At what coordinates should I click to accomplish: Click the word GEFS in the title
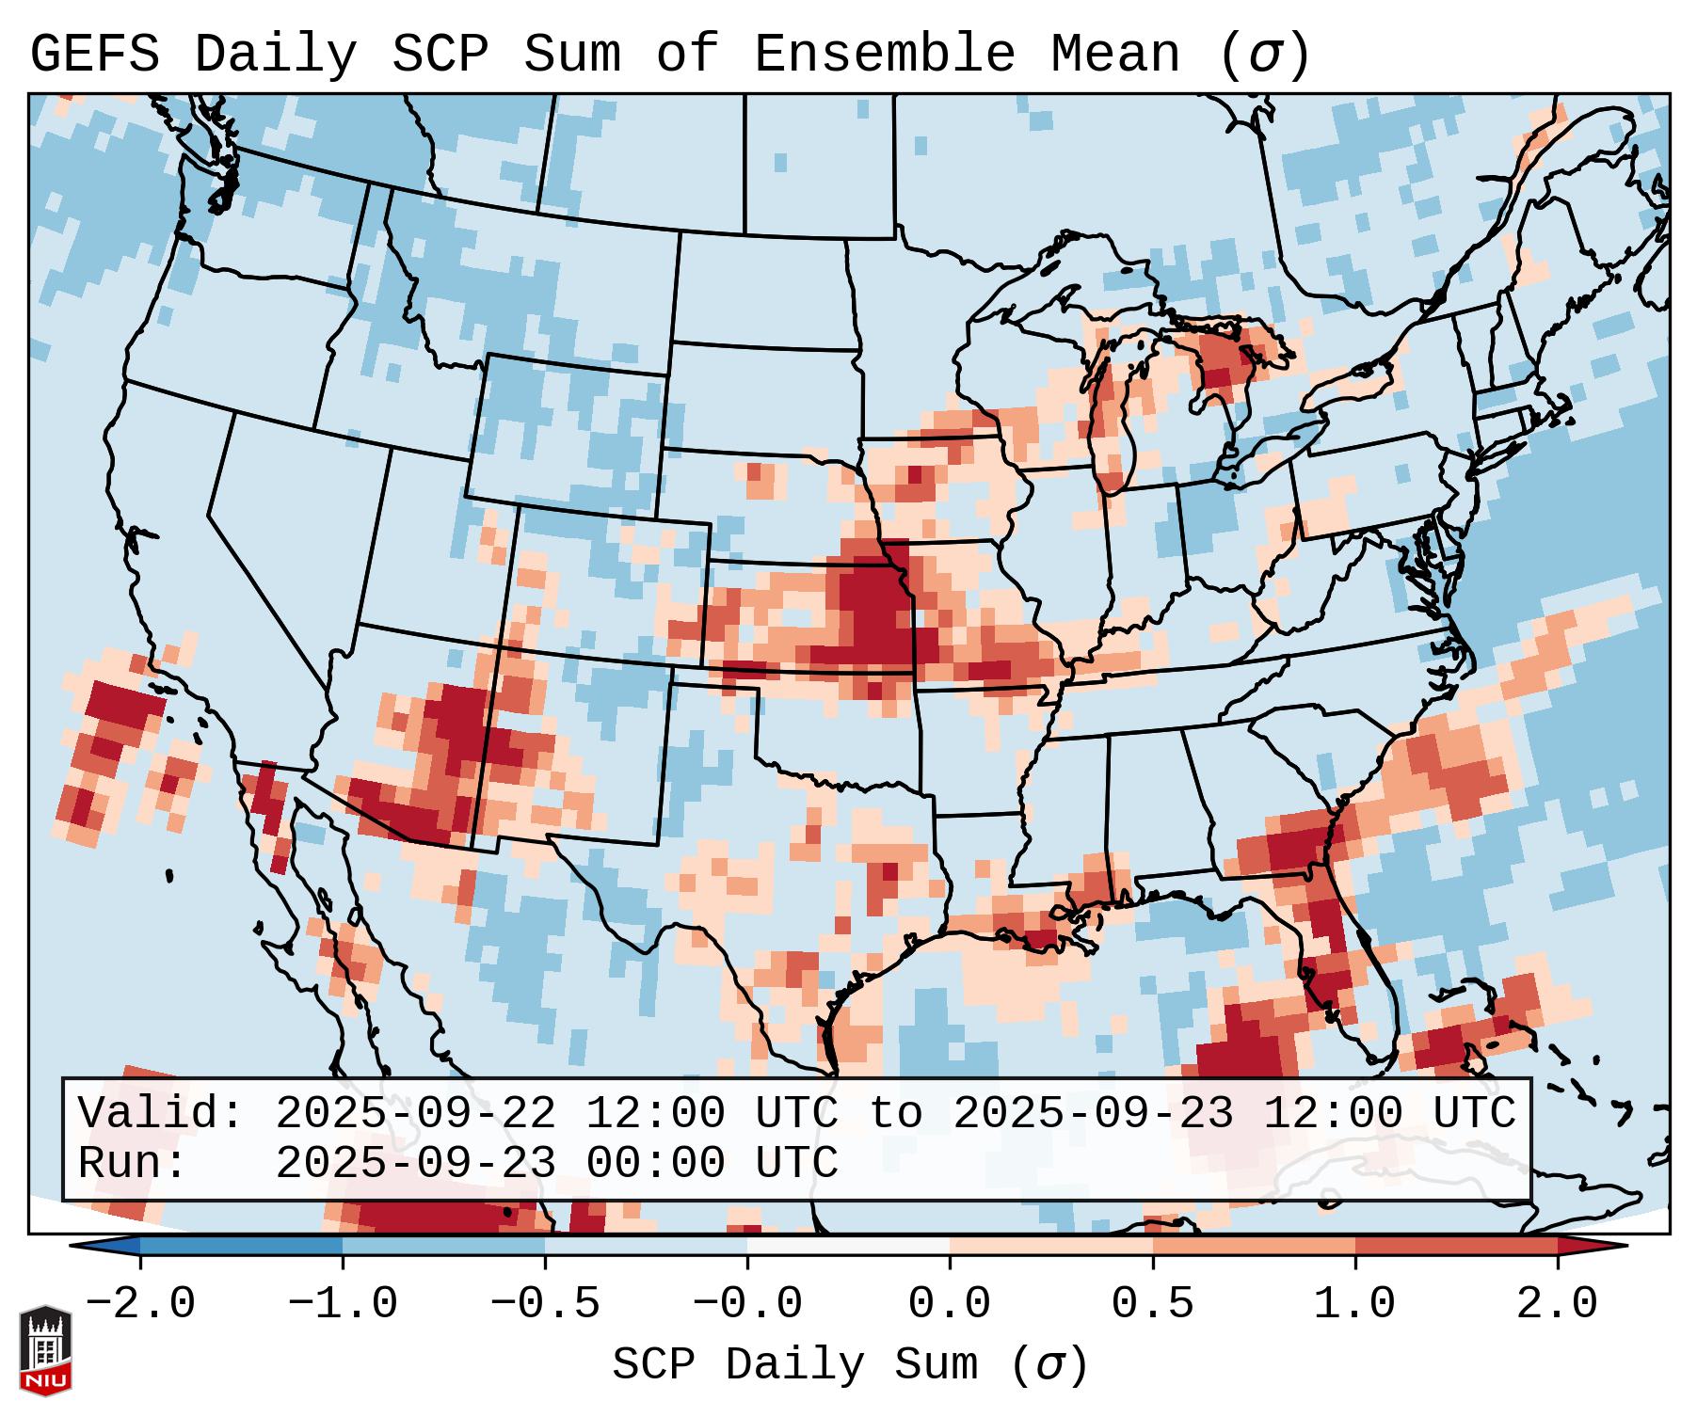pyautogui.click(x=94, y=55)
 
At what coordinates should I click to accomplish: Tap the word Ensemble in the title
pyautogui.click(x=885, y=55)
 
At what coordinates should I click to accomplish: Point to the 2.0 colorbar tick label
pyautogui.click(x=1557, y=1304)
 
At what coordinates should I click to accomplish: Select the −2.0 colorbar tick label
pyautogui.click(x=140, y=1304)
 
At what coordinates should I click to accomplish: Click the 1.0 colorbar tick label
pyautogui.click(x=1354, y=1304)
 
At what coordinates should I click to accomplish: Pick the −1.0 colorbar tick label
pyautogui.click(x=343, y=1304)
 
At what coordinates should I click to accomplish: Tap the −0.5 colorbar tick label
pyautogui.click(x=545, y=1304)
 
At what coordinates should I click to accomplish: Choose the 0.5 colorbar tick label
pyautogui.click(x=1152, y=1304)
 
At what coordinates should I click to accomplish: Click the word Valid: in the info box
pyautogui.click(x=161, y=1113)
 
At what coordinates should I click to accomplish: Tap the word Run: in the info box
pyautogui.click(x=133, y=1163)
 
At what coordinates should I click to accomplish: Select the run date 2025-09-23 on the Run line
pyautogui.click(x=415, y=1163)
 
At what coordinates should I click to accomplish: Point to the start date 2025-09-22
pyautogui.click(x=415, y=1113)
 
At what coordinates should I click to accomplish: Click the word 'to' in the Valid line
pyautogui.click(x=895, y=1113)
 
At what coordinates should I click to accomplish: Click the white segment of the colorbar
pyautogui.click(x=848, y=1246)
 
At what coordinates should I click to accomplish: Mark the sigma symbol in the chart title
pyautogui.click(x=1264, y=55)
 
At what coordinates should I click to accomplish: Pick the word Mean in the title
pyautogui.click(x=1115, y=55)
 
